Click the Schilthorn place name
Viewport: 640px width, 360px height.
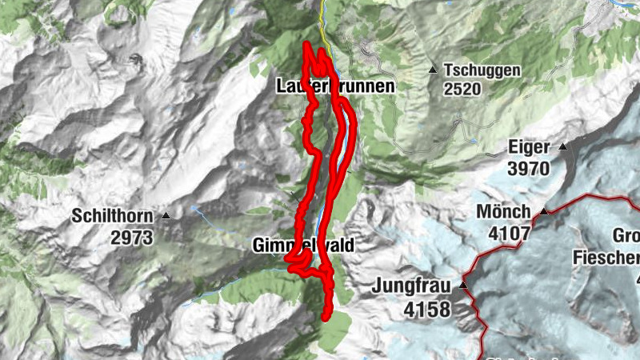click(111, 215)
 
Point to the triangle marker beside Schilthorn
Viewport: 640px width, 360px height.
click(166, 216)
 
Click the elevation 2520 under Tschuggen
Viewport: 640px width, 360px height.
click(464, 89)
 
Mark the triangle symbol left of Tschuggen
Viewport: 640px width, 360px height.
click(433, 70)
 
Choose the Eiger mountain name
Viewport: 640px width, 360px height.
click(529, 147)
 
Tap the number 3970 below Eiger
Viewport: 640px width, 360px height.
click(529, 168)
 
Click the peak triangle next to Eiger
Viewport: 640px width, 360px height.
click(563, 147)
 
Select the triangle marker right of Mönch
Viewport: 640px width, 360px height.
click(545, 212)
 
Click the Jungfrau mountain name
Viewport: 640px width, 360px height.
click(412, 285)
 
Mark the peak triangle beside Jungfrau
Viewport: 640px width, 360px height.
click(463, 285)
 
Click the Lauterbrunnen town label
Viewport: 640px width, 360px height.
click(335, 86)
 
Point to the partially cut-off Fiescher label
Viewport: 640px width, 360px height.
click(606, 257)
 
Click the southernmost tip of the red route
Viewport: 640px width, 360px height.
click(326, 317)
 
